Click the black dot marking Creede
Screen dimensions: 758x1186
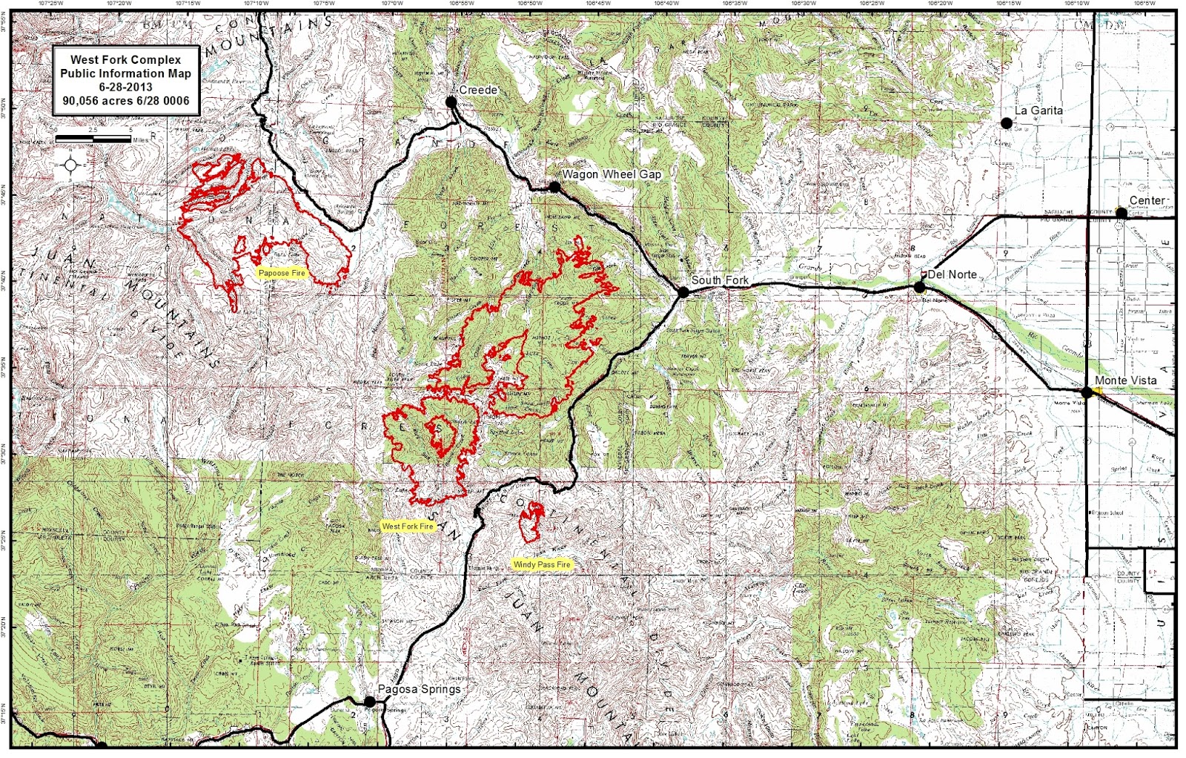(x=451, y=102)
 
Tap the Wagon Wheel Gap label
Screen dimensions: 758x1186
(x=612, y=174)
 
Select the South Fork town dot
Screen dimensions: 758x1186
(x=683, y=292)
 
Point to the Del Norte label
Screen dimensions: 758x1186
(x=953, y=274)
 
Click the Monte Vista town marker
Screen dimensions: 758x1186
(x=1087, y=392)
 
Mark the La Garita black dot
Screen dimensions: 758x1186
(x=1007, y=123)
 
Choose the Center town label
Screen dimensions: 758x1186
(x=1147, y=200)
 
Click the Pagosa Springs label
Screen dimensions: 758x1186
(x=420, y=689)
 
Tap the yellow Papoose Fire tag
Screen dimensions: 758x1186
(x=282, y=273)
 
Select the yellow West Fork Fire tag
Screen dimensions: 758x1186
(x=407, y=526)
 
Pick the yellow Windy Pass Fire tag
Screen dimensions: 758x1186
(x=542, y=564)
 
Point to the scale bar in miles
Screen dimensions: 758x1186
(x=93, y=139)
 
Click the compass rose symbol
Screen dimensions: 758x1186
(x=71, y=165)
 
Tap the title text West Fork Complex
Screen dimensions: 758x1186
(x=125, y=59)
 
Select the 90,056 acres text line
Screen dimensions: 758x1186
(x=125, y=101)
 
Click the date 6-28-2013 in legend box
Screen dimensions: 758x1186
(x=125, y=87)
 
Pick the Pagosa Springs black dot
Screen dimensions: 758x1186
(x=369, y=702)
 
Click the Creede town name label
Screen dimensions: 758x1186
(x=478, y=90)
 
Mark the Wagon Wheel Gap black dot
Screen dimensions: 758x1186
(x=554, y=187)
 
